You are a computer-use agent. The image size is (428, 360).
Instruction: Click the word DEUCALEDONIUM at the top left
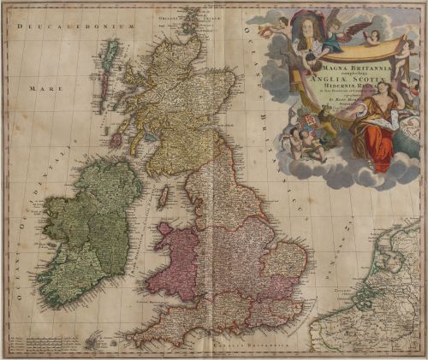point(74,27)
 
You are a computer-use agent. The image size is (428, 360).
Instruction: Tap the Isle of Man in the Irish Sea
point(162,198)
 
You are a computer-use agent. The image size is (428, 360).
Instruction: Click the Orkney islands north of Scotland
point(189,18)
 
